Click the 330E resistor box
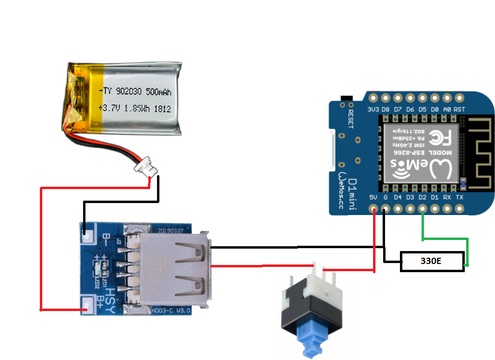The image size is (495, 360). (x=432, y=262)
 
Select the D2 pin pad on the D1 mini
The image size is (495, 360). (x=423, y=208)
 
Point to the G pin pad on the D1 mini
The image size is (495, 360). (x=385, y=208)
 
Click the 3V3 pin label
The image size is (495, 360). (x=373, y=109)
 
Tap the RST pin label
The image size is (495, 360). (x=459, y=109)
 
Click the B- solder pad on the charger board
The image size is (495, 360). (x=87, y=235)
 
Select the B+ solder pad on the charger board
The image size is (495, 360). (x=87, y=304)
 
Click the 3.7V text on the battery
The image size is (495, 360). (x=110, y=108)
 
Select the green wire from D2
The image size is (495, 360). (x=444, y=239)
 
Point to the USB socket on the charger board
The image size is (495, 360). (x=173, y=271)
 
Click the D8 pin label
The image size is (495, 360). (x=386, y=109)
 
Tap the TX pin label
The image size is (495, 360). (x=459, y=197)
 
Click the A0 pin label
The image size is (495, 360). (x=447, y=109)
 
